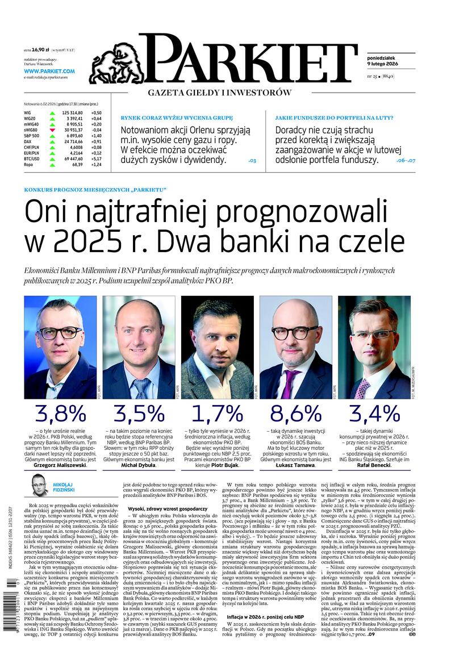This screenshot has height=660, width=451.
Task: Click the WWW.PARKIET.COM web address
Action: tap(49, 71)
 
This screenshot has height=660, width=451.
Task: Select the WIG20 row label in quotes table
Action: tap(29, 118)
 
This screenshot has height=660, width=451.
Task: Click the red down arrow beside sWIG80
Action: tap(52, 130)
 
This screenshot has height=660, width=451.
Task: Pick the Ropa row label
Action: tap(29, 165)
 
